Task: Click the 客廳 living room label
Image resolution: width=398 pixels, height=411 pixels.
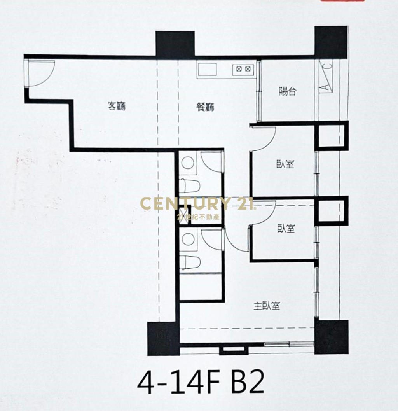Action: pyautogui.click(x=117, y=106)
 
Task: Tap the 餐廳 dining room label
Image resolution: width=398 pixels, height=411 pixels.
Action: pyautogui.click(x=206, y=107)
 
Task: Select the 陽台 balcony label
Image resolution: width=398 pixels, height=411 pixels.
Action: pyautogui.click(x=288, y=91)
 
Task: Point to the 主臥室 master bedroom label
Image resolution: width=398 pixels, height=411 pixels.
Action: pyautogui.click(x=267, y=306)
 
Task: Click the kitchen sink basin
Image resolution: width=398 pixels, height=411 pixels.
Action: pyautogui.click(x=207, y=70)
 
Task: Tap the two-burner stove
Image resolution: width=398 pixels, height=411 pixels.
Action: pyautogui.click(x=243, y=69)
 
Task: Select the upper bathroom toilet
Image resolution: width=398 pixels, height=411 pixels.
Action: pyautogui.click(x=189, y=186)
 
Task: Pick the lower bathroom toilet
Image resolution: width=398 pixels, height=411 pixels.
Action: pyautogui.click(x=190, y=262)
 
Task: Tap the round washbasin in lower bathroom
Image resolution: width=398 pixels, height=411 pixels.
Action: pyautogui.click(x=188, y=239)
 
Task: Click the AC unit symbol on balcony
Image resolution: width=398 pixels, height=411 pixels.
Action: pyautogui.click(x=325, y=76)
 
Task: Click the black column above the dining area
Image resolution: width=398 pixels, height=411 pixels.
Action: pyautogui.click(x=175, y=44)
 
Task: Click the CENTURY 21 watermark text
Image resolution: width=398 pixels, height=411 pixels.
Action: pyautogui.click(x=197, y=204)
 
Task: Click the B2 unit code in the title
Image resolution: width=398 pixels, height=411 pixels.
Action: pyautogui.click(x=248, y=384)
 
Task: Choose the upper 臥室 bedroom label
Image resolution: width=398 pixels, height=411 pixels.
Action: pyautogui.click(x=285, y=164)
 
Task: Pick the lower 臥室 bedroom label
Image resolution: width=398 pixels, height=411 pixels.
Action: pyautogui.click(x=286, y=228)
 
